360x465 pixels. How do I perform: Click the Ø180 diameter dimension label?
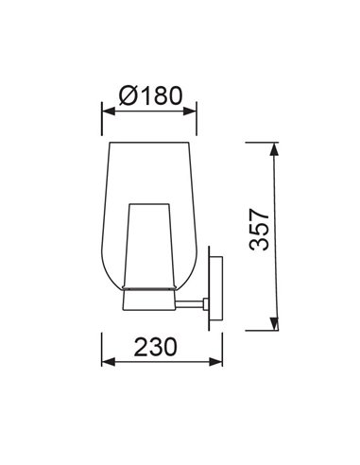coord(151,95)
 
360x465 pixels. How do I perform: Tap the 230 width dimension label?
coord(156,347)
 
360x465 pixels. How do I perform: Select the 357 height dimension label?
coord(259,229)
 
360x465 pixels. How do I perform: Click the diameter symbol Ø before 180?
coord(129,95)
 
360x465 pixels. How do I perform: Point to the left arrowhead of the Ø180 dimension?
coord(109,112)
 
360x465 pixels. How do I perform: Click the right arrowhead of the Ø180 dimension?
coord(190,112)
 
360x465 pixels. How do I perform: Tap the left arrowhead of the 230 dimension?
coord(109,362)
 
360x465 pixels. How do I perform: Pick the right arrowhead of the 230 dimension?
coord(215,362)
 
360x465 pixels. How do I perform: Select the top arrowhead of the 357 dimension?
coord(274,149)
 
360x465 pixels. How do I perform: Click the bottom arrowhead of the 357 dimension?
coord(275,324)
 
